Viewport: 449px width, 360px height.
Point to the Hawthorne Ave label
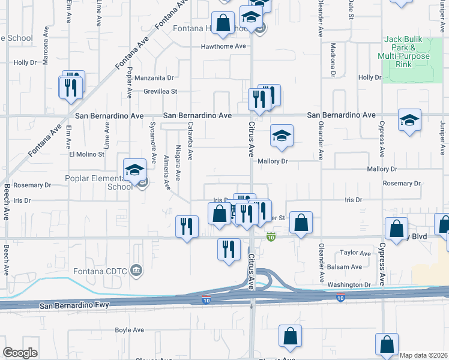click(224, 46)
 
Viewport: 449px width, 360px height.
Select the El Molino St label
click(87, 154)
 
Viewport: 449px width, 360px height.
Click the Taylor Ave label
click(357, 253)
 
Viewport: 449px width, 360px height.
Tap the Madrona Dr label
click(332, 60)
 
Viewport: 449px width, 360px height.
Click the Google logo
click(20, 353)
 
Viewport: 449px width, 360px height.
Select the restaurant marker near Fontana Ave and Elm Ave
click(71, 87)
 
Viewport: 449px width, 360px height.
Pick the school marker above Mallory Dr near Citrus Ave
click(281, 136)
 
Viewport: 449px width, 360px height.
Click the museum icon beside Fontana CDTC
click(137, 271)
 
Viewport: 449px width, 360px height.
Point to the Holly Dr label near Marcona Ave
click(25, 62)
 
